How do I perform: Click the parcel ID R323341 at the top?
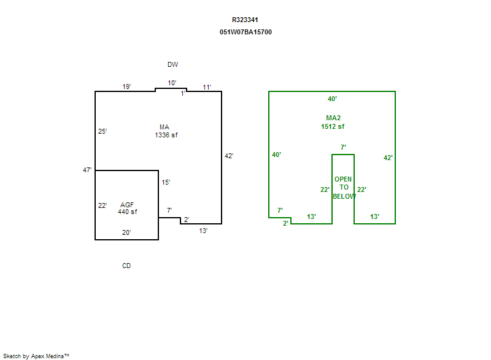(x=245, y=20)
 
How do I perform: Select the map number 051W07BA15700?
(x=245, y=32)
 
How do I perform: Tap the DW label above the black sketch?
(x=172, y=64)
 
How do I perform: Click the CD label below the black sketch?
(x=126, y=266)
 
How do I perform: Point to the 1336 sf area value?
(x=166, y=135)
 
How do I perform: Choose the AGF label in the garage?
(x=127, y=204)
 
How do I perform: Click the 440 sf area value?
(x=127, y=212)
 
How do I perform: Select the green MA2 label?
(x=333, y=118)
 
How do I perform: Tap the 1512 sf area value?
(x=333, y=126)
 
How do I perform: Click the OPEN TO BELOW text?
(x=343, y=188)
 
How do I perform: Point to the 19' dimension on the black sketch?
(x=126, y=86)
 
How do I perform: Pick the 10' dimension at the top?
(x=172, y=83)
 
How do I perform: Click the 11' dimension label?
(x=207, y=87)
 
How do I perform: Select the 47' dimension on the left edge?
(x=87, y=170)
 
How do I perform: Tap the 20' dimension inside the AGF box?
(x=126, y=232)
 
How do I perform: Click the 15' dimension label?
(x=166, y=182)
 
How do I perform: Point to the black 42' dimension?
(x=229, y=156)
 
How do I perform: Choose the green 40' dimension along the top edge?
(x=332, y=99)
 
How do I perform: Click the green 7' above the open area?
(x=343, y=147)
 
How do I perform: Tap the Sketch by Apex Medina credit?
(x=36, y=355)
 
